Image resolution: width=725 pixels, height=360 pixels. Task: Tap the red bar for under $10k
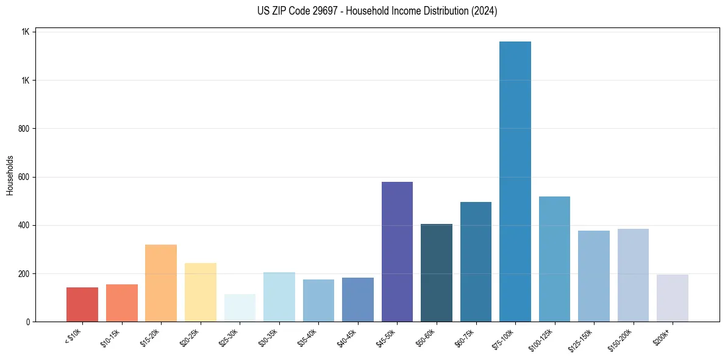[x=82, y=304]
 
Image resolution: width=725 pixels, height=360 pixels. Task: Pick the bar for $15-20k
[x=161, y=283]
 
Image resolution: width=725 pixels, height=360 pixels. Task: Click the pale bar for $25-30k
[x=240, y=308]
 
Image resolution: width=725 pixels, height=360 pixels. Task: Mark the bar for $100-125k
[x=554, y=259]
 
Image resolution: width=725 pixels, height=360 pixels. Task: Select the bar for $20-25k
[x=201, y=292]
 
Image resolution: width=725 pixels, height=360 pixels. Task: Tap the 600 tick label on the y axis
[x=24, y=177]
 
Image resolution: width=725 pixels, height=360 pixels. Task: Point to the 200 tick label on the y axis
[x=24, y=273]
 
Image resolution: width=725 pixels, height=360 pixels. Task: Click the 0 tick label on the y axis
[x=28, y=322]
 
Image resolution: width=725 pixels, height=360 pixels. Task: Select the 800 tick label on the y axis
[x=24, y=129]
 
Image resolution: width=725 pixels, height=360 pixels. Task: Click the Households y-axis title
[x=10, y=175]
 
